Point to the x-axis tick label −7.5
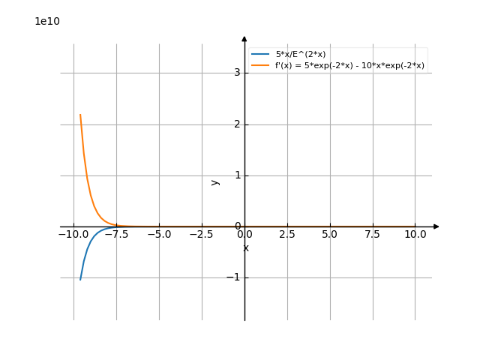(115, 235)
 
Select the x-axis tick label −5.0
(158, 235)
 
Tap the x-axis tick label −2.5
(201, 235)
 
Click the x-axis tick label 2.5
(287, 235)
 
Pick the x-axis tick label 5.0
(330, 235)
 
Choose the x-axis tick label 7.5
(373, 235)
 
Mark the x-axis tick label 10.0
(415, 235)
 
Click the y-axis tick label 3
(236, 73)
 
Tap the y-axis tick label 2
(236, 124)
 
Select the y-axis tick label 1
(236, 175)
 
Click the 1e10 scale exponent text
(47, 21)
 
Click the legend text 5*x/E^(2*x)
(301, 55)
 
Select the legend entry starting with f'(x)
(349, 66)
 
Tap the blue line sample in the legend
(260, 55)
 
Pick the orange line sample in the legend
(260, 66)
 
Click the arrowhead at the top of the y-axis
(244, 38)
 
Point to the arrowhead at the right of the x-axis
(436, 226)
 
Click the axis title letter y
(215, 181)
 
